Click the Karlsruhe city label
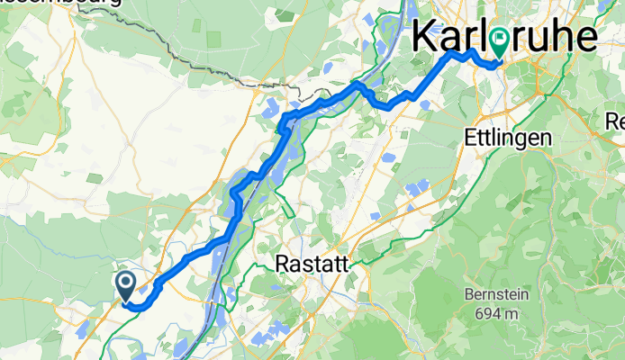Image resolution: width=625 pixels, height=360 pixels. tap(504, 38)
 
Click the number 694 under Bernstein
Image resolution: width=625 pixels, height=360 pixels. tap(484, 313)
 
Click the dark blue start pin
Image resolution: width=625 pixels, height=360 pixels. tap(126, 285)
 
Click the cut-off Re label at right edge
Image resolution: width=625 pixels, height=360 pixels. tap(615, 120)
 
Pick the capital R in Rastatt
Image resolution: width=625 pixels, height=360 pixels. tap(280, 265)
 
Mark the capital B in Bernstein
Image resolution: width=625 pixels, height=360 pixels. tap(467, 295)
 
